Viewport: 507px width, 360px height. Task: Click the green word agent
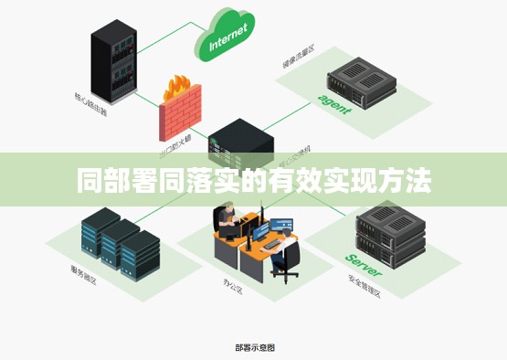(334, 102)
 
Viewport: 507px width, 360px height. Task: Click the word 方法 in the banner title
(406, 181)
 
